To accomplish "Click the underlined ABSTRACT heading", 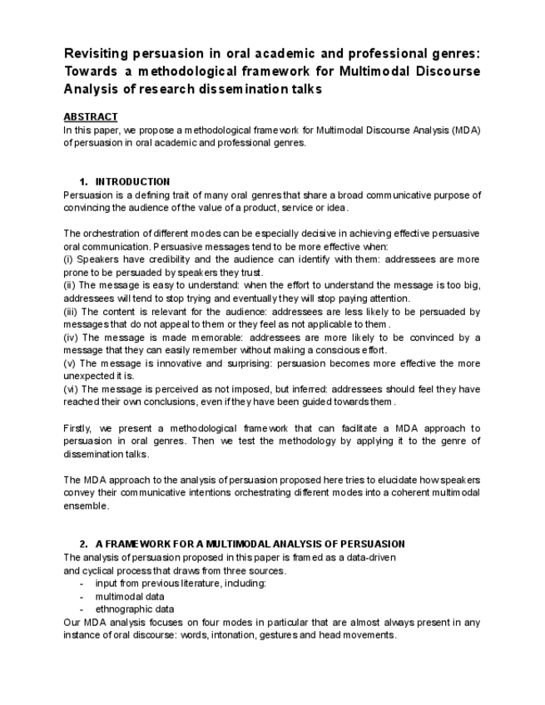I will pyautogui.click(x=91, y=116).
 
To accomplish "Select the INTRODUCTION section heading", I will pyautogui.click(x=132, y=181).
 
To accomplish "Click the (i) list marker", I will pyautogui.click(x=68, y=259).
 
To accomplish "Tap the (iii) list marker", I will pyautogui.click(x=71, y=312).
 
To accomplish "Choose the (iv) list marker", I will pyautogui.click(x=71, y=338).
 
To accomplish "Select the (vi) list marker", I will pyautogui.click(x=71, y=389).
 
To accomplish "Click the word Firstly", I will pyautogui.click(x=77, y=428).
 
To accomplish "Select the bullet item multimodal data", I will pyautogui.click(x=129, y=596).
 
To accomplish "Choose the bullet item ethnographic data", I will pyautogui.click(x=135, y=609).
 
